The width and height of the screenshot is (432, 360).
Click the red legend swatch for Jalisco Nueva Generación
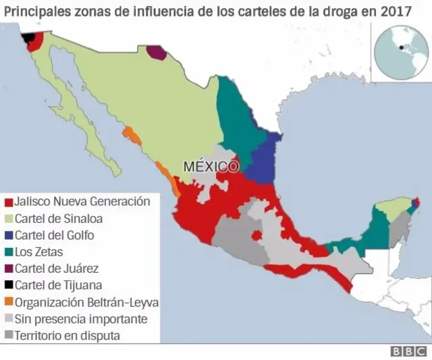9,202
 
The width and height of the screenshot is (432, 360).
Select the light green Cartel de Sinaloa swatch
9,219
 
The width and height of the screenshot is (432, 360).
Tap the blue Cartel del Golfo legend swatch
9,236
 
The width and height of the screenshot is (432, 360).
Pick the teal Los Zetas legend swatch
9,253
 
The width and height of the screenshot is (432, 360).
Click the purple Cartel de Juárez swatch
9,269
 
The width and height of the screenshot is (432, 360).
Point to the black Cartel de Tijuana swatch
9,286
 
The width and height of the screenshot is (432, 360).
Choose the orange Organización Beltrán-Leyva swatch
9,303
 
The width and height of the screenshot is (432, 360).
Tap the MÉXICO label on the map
211,166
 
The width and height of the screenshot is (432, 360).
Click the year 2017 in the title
396,11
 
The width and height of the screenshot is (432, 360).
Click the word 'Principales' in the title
34,11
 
